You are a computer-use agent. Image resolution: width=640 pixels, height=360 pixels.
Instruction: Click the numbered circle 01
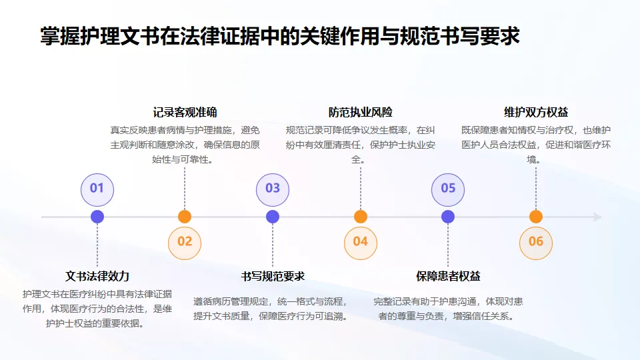point(97,188)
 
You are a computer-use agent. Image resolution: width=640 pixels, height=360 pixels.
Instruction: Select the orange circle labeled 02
point(185,241)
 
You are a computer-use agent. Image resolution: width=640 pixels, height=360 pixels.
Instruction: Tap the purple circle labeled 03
point(273,188)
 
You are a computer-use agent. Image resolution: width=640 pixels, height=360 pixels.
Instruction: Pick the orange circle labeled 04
point(361,241)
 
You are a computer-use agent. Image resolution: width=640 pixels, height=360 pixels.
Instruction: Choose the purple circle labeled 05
point(448,188)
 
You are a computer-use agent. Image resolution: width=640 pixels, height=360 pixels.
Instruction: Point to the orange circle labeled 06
point(536,241)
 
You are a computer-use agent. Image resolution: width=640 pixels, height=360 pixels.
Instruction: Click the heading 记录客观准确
point(185,112)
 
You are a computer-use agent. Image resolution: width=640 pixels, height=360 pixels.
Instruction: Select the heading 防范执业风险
point(361,112)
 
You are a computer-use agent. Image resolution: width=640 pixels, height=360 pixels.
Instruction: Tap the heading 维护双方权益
point(536,112)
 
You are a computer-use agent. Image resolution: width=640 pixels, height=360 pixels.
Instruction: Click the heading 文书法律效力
point(97,276)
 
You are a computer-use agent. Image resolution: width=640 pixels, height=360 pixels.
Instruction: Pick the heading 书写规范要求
point(273,276)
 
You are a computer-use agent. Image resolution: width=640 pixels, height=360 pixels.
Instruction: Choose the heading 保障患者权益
point(448,276)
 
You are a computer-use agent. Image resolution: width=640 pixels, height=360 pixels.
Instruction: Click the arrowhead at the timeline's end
point(597,217)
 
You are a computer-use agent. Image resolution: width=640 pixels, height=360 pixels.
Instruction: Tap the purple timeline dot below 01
point(97,217)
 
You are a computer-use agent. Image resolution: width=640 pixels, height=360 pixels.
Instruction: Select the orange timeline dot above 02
point(185,217)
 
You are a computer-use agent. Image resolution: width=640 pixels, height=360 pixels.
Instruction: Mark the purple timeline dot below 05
point(448,217)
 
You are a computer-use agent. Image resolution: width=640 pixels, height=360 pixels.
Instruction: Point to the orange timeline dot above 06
point(536,217)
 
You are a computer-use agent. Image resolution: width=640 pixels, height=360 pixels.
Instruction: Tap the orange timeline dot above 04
point(361,217)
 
